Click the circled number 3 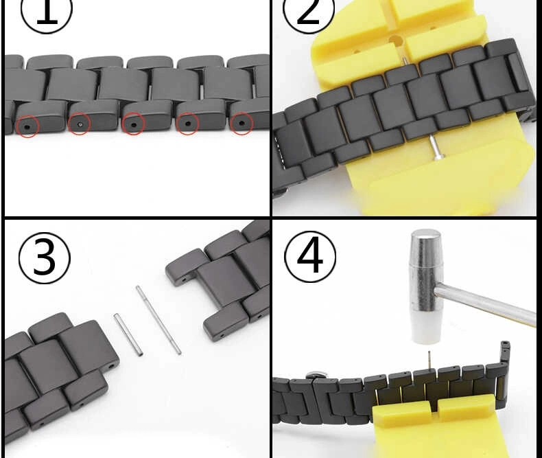click(44, 258)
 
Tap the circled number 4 click(309, 257)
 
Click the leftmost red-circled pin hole click(27, 126)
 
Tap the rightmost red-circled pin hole click(241, 123)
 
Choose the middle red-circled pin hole click(133, 124)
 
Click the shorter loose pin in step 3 click(128, 334)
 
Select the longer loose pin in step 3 click(158, 320)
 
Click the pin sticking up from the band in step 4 click(429, 360)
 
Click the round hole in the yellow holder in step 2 click(395, 41)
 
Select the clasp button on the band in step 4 click(314, 375)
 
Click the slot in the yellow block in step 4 click(434, 407)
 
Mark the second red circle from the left click(80, 124)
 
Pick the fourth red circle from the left click(188, 124)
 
